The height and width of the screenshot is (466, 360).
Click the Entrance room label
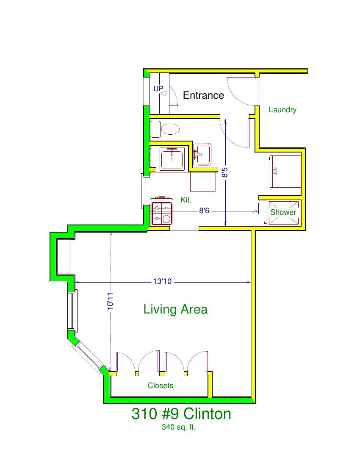click(x=203, y=95)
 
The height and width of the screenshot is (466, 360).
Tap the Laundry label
click(x=282, y=110)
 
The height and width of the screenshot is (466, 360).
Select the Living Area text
click(x=175, y=309)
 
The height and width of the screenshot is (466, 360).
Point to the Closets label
click(x=161, y=386)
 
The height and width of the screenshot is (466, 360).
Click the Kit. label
click(x=186, y=200)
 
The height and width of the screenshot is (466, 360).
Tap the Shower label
click(x=283, y=212)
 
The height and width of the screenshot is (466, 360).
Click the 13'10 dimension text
click(x=162, y=281)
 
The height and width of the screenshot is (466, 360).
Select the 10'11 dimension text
click(x=110, y=301)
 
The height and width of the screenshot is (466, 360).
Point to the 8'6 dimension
click(x=204, y=211)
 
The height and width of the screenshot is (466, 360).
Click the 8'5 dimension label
click(x=225, y=172)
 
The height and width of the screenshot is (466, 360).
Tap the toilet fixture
click(x=165, y=129)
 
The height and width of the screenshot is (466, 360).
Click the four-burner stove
click(x=162, y=211)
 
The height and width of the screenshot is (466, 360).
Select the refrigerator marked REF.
click(x=285, y=171)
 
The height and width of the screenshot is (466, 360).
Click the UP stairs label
click(x=158, y=89)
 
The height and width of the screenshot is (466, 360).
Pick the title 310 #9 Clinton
click(x=181, y=414)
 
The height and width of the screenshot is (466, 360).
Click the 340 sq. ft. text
click(x=178, y=427)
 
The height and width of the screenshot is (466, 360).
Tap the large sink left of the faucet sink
click(x=172, y=159)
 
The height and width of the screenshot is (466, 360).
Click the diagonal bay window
click(x=88, y=355)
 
